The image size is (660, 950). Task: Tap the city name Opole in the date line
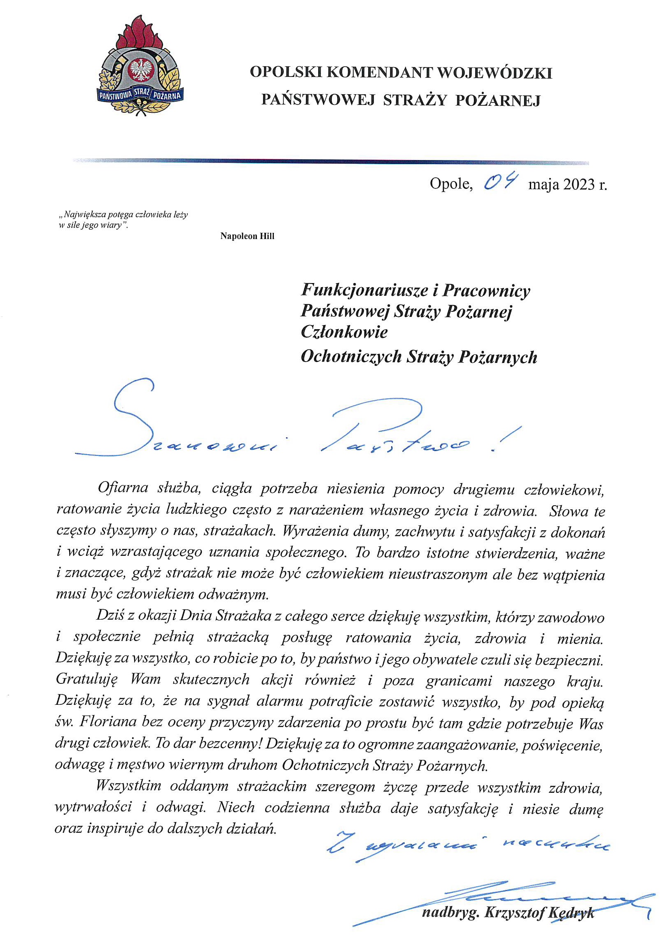click(x=451, y=183)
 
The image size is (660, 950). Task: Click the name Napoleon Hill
click(x=247, y=236)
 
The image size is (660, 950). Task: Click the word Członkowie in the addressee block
click(x=344, y=332)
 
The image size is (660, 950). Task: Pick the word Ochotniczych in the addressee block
click(x=351, y=357)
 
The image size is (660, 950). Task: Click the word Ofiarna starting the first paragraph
click(x=123, y=488)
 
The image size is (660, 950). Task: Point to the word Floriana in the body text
click(x=107, y=722)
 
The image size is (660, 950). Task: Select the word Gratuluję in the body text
click(x=87, y=679)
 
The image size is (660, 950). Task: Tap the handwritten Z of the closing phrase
click(x=340, y=842)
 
